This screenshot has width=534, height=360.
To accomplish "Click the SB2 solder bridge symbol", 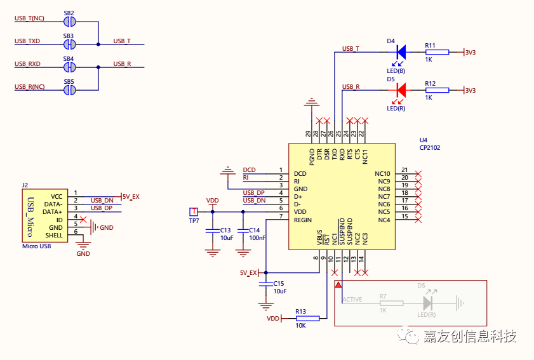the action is tap(69, 22).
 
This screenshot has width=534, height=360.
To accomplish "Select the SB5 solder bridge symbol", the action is tap(69, 90).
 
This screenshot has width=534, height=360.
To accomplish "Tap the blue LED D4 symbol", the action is tap(401, 52).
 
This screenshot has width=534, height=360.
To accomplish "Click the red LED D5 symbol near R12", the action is tap(401, 90).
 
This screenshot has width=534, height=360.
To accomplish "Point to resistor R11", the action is tap(437, 52).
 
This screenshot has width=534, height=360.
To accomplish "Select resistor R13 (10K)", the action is tap(307, 319).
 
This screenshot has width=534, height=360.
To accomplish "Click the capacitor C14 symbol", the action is tap(243, 230).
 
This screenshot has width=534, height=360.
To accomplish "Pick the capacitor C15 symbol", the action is tap(265, 284).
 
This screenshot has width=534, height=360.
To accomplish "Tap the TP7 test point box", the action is tap(194, 211).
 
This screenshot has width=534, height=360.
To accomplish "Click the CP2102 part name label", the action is tap(430, 148).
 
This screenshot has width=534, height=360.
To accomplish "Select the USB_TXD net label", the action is tap(27, 41).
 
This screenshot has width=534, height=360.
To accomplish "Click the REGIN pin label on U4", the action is tap(303, 220).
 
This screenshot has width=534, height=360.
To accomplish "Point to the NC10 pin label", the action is tap(382, 174).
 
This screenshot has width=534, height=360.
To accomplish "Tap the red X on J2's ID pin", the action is tap(83, 219).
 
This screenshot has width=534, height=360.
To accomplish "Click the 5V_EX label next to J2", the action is tap(131, 197).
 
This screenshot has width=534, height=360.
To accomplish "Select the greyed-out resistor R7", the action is tap(391, 303).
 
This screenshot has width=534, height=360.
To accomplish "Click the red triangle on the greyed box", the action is tap(338, 284).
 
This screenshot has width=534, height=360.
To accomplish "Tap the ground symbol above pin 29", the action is tap(311, 102).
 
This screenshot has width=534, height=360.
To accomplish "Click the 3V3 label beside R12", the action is tap(471, 91).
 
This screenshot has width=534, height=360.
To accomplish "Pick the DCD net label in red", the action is tap(249, 170).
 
